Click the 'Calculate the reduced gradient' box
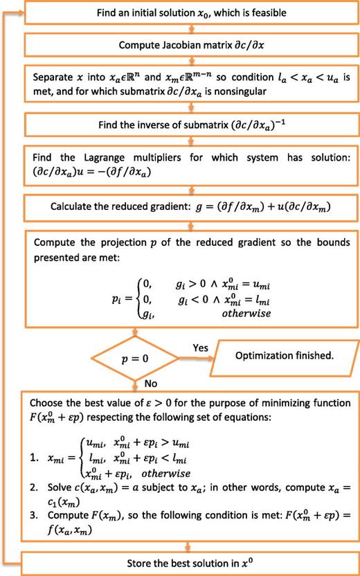[x=188, y=206]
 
